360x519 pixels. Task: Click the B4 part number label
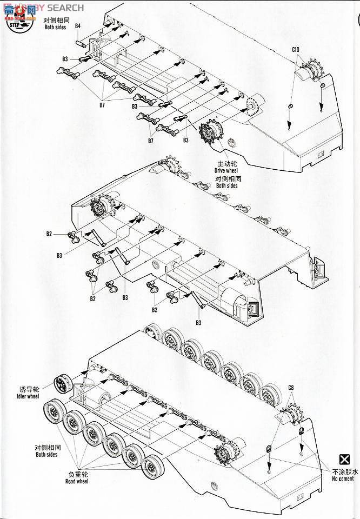tap(78, 26)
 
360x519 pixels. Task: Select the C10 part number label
tap(296, 50)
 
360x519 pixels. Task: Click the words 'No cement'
tap(343, 479)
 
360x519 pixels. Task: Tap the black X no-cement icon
tap(343, 460)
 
